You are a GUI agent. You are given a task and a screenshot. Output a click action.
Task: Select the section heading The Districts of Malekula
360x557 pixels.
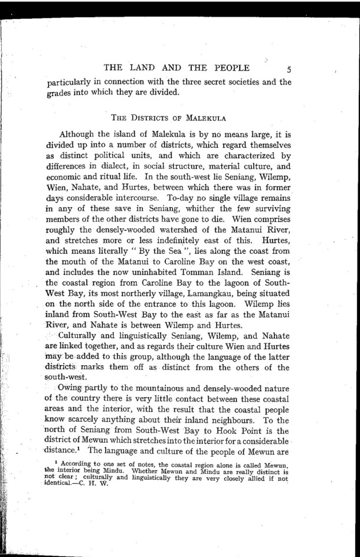pos(169,114)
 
